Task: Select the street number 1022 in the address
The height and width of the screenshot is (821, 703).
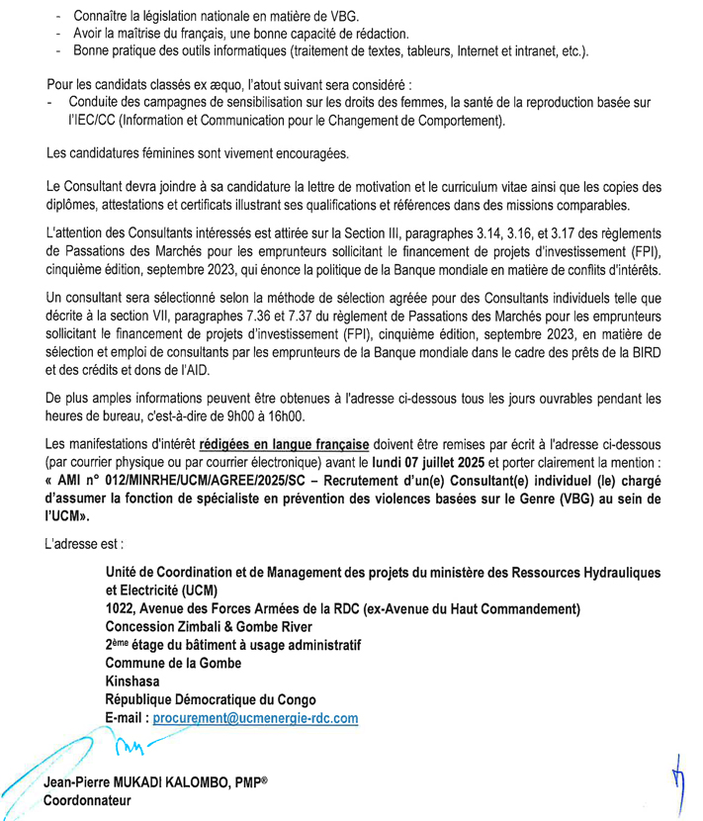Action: click(x=123, y=607)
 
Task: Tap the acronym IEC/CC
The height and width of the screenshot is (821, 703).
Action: click(x=90, y=123)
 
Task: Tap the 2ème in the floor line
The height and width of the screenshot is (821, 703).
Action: click(x=119, y=644)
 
